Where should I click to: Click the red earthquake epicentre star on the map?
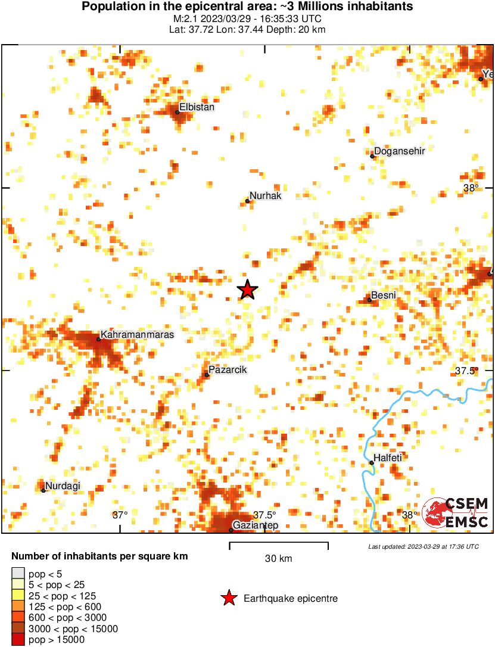click(x=247, y=290)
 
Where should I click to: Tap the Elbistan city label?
click(x=197, y=107)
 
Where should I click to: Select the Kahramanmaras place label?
click(x=138, y=335)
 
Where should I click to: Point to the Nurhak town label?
click(x=265, y=195)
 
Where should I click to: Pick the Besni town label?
click(x=384, y=295)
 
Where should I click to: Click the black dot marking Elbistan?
click(x=178, y=112)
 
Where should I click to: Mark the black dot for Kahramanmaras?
click(x=98, y=340)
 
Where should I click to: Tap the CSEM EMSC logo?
click(x=455, y=513)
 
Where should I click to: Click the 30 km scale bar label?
click(x=278, y=559)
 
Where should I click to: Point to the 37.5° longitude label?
click(x=265, y=515)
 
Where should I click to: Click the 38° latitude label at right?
click(x=471, y=188)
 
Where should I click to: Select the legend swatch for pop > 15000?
click(x=18, y=639)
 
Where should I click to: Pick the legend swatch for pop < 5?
click(x=18, y=573)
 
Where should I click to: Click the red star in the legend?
click(x=229, y=598)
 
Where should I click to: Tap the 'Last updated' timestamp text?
click(x=423, y=546)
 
